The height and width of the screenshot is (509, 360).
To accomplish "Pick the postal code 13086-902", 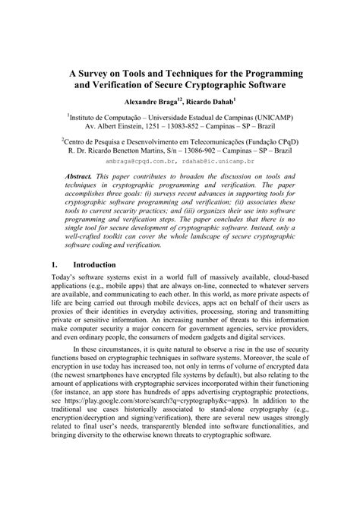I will [x=210, y=150].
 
